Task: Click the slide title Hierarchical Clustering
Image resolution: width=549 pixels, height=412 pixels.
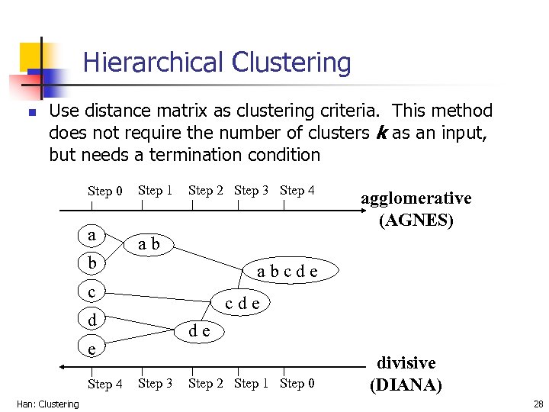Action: [x=217, y=63]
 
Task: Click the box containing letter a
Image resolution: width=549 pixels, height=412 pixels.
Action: [x=91, y=235]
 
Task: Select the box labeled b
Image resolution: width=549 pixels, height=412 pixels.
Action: [x=91, y=263]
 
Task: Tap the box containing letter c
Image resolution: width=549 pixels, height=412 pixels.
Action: [x=91, y=291]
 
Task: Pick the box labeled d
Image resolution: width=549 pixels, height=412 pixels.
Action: [x=91, y=319]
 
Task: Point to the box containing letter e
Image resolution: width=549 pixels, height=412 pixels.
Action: [x=91, y=348]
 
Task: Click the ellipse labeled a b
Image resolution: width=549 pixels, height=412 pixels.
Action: [x=149, y=244]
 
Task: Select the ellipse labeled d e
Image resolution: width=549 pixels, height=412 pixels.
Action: [x=200, y=330]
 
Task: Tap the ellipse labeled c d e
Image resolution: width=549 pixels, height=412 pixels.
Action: [x=242, y=303]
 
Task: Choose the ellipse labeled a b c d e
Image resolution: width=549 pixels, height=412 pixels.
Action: [x=287, y=271]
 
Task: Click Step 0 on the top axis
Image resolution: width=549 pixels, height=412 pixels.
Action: [x=105, y=192]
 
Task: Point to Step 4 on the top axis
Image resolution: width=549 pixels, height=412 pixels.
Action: [x=297, y=191]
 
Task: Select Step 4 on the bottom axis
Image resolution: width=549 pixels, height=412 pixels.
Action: [x=105, y=384]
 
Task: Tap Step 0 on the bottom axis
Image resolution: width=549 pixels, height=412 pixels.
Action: [x=297, y=383]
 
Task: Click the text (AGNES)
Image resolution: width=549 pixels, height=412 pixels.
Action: [x=416, y=220]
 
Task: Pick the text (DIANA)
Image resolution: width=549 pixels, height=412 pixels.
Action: [x=406, y=385]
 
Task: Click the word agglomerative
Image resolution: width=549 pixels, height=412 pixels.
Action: [x=416, y=198]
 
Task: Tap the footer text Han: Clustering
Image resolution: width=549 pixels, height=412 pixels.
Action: [x=47, y=404]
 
